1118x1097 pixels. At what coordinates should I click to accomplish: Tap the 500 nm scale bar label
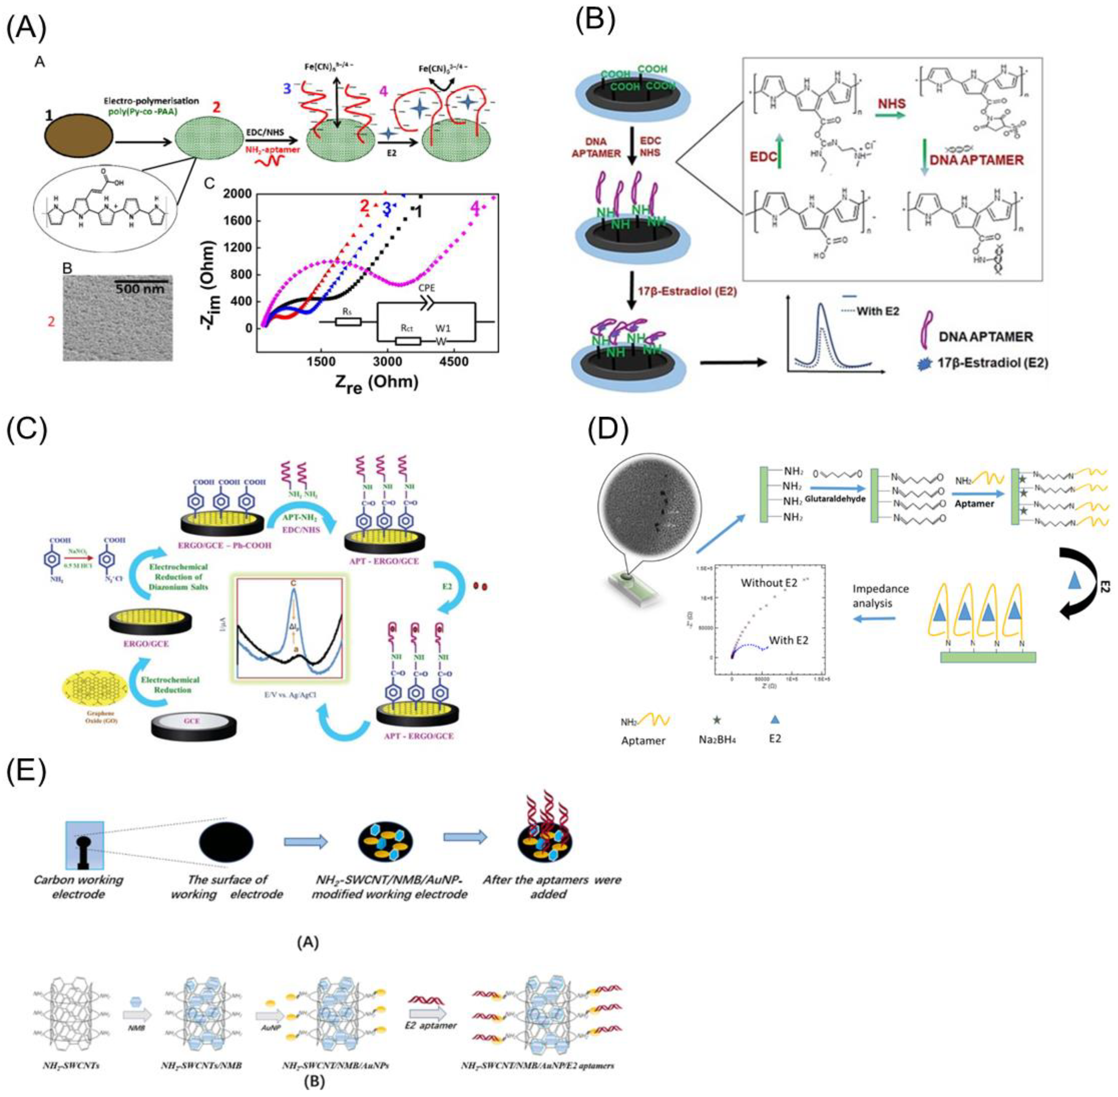click(140, 288)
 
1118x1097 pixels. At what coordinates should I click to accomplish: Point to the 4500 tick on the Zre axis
click(454, 361)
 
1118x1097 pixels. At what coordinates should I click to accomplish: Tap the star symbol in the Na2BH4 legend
click(717, 720)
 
